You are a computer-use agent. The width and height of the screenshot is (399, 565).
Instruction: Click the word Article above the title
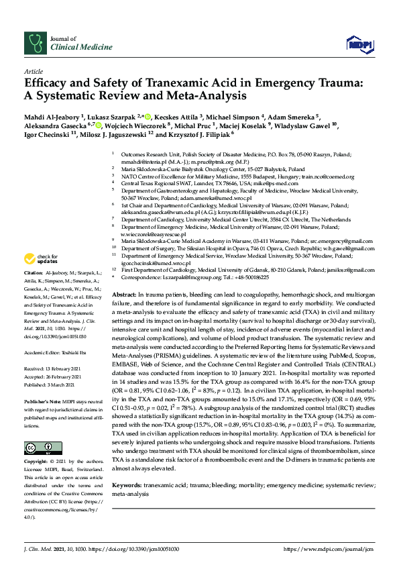point(33,71)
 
